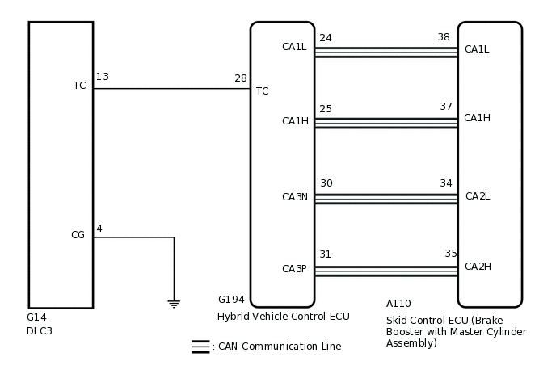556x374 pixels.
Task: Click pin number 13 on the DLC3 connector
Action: coord(103,77)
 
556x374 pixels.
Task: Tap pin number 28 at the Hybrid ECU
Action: coord(241,78)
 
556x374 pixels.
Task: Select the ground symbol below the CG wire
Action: coord(174,304)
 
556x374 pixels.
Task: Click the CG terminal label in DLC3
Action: coord(78,235)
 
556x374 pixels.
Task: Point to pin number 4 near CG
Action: coord(99,229)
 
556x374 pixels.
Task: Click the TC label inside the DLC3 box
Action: coord(79,85)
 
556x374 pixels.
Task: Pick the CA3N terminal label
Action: coord(294,196)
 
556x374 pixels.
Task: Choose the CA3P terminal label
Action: coord(294,269)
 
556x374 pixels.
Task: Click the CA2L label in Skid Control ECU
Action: coord(477,196)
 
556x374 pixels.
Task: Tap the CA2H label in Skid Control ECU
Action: coord(477,267)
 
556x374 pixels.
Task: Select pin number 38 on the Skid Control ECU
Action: coord(444,37)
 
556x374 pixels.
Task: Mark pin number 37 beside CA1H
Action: coord(446,107)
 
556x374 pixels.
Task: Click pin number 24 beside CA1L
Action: coord(326,37)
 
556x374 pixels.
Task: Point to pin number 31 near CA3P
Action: coord(325,254)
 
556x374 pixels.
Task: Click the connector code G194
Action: coord(231,300)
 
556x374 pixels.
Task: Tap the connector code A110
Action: coord(398,304)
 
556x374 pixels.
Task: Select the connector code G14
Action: coord(37,317)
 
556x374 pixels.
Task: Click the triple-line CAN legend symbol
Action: coord(200,347)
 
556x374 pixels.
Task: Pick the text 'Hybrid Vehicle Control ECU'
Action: coord(283,316)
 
